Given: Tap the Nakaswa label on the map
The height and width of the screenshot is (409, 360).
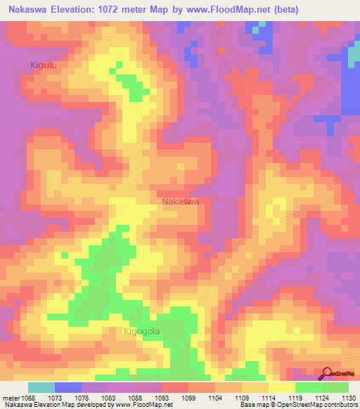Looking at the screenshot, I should coord(181,201).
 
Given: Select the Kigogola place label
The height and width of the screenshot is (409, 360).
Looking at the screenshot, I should coord(143,331).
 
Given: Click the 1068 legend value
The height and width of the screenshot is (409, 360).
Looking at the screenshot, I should coord(28,397).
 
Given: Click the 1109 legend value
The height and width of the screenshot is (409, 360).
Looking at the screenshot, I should coord(244,397).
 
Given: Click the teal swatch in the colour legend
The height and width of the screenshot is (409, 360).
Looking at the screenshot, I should coord(41,387).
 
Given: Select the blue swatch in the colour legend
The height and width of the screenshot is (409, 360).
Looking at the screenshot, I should coord(68,387).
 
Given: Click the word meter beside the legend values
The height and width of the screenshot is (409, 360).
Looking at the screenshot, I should coord(10,397).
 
